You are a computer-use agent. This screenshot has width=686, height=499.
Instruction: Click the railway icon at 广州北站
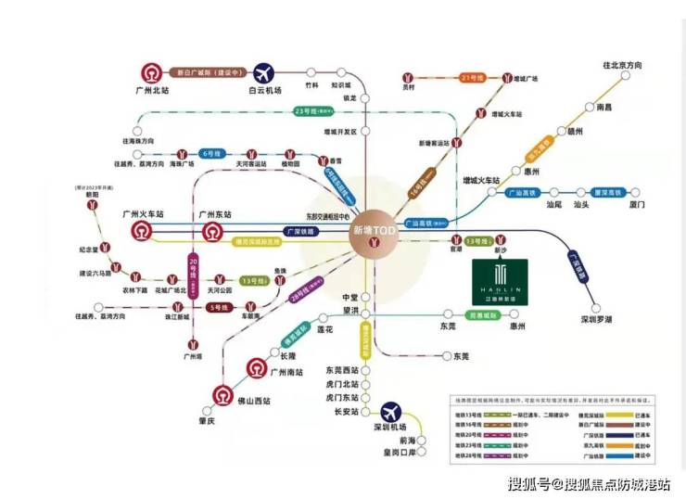[x=149, y=72]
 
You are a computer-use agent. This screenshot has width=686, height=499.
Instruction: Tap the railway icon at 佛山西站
[x=222, y=396]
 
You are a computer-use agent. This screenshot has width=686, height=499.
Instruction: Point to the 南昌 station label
[x=603, y=108]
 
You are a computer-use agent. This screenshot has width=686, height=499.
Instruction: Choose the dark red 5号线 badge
[x=220, y=307]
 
